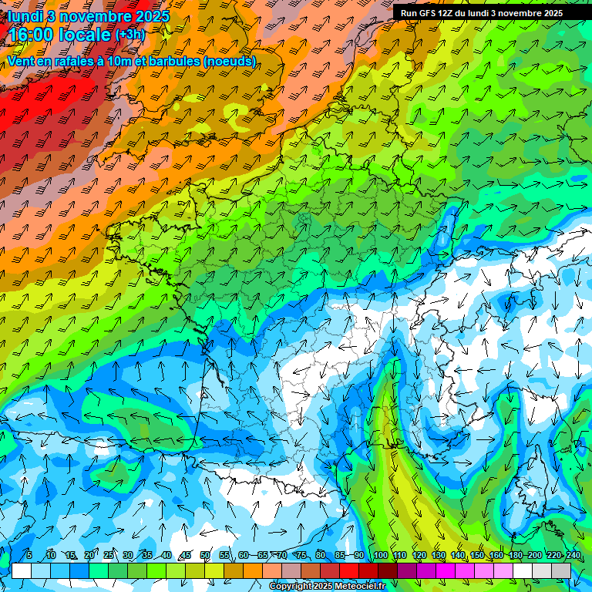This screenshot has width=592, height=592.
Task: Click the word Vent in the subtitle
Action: click(22, 61)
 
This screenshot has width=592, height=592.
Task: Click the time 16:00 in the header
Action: click(34, 35)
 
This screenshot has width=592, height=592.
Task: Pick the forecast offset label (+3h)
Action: click(129, 35)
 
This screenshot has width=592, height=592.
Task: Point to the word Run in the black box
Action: click(409, 13)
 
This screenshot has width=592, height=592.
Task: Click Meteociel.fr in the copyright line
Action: click(358, 587)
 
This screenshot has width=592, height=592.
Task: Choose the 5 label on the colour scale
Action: click(29, 555)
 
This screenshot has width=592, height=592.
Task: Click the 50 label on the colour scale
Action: click(205, 555)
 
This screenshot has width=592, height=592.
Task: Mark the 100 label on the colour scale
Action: click(380, 555)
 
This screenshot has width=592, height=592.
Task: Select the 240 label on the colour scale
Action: click(573, 555)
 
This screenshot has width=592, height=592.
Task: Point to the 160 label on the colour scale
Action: click(496, 555)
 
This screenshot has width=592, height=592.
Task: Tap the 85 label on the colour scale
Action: click(340, 555)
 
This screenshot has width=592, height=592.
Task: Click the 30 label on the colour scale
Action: click(127, 555)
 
